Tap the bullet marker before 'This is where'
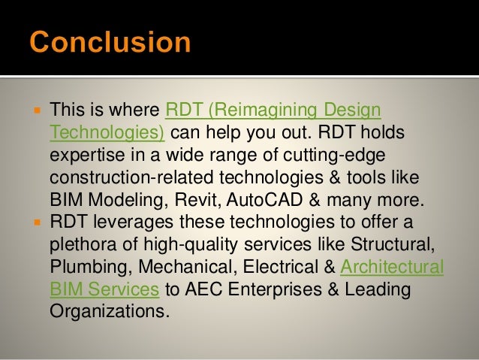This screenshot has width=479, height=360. (x=35, y=111)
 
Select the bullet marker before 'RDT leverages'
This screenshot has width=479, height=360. (x=35, y=223)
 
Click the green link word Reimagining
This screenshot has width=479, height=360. (x=260, y=111)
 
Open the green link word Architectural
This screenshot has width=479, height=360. (x=392, y=267)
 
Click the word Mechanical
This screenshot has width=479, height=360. (x=169, y=267)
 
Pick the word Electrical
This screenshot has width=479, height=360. (x=270, y=267)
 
